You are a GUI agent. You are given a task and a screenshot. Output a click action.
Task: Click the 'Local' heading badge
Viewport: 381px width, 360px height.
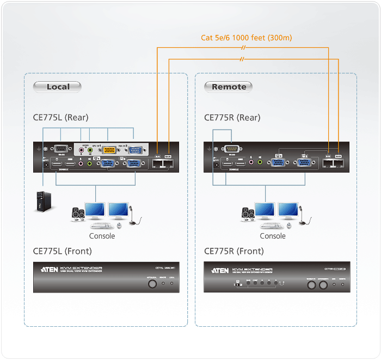pyautogui.click(x=58, y=87)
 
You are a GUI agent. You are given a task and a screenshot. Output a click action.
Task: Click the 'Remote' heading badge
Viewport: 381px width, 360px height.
pyautogui.click(x=229, y=87)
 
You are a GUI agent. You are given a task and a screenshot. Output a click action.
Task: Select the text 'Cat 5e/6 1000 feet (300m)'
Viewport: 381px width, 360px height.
pyautogui.click(x=247, y=38)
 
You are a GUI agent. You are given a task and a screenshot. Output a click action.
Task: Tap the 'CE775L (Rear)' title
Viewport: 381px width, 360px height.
pyautogui.click(x=60, y=117)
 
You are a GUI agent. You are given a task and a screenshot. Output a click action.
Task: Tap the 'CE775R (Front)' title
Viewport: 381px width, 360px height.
pyautogui.click(x=233, y=251)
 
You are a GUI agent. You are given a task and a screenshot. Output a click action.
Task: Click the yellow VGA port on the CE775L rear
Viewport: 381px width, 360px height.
pyautogui.click(x=109, y=151)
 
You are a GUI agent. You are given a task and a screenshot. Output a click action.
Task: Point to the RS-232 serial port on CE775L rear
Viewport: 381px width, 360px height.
pyautogui.click(x=60, y=149)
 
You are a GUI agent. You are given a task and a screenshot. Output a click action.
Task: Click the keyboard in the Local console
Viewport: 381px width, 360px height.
pyautogui.click(x=103, y=225)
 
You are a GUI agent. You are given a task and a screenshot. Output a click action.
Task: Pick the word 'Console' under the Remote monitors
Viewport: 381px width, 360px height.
pyautogui.click(x=273, y=236)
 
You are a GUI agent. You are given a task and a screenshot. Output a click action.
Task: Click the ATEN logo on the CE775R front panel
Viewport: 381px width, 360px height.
pyautogui.click(x=219, y=270)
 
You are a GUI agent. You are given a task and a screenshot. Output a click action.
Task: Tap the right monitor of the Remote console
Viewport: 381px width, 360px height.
pyautogui.click(x=288, y=210)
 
